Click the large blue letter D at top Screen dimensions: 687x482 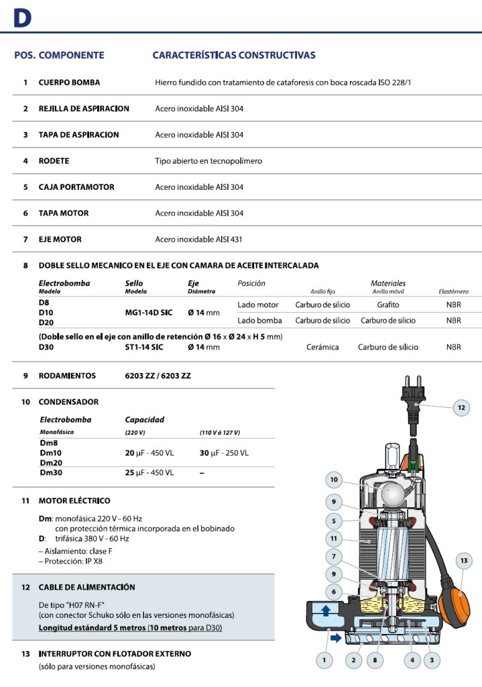23,19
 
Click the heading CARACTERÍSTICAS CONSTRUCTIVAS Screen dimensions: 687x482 234,55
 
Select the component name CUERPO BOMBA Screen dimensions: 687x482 69,83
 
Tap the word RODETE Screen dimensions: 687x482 54,161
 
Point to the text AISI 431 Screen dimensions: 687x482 227,240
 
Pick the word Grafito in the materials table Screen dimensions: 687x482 388,305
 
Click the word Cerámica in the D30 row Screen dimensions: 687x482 322,347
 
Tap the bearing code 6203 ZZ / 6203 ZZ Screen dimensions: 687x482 154,376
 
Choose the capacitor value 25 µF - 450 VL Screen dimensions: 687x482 149,473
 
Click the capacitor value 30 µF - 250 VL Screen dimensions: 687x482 224,453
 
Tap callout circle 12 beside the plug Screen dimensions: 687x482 461,407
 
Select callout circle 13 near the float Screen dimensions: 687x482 463,560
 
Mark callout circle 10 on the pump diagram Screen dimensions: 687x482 334,480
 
